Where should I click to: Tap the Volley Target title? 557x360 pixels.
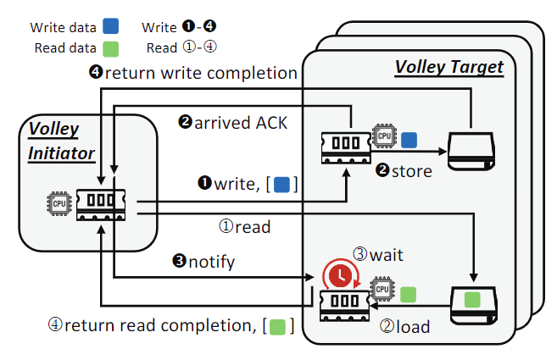[448, 67]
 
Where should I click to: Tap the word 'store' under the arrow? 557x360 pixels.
[410, 171]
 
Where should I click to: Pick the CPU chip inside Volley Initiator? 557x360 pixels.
[59, 204]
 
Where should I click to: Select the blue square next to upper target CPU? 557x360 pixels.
[409, 139]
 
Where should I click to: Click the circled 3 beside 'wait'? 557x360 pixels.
[361, 252]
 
